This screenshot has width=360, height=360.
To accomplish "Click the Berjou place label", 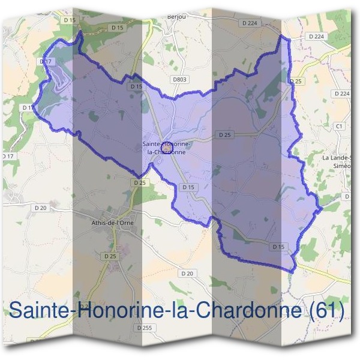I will point(178,16).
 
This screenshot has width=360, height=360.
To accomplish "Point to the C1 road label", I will point(339,126).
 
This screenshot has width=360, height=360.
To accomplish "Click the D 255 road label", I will point(144,328).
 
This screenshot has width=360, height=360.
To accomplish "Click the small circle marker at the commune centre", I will point(167,145).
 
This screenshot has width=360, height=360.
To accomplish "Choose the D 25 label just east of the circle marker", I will point(225,135).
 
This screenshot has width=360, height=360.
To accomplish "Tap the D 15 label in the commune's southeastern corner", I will point(278,247).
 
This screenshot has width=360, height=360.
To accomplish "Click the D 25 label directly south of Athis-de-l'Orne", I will point(110,256).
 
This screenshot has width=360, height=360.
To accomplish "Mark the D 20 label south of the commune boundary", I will point(187,274).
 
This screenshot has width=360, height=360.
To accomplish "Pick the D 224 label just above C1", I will point(341,94).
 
